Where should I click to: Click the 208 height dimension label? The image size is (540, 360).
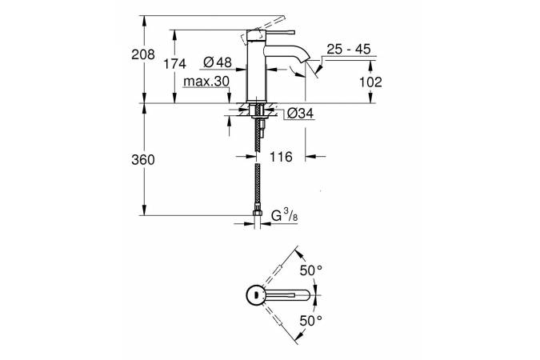(x=143, y=54)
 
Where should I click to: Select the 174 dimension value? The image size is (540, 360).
(x=174, y=64)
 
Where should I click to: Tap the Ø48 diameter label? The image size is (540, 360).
(x=218, y=62)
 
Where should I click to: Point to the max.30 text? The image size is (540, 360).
(x=206, y=82)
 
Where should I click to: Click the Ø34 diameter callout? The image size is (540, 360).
(x=300, y=113)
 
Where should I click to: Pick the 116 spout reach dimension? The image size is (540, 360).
(x=281, y=157)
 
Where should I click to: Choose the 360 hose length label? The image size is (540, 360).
(x=143, y=160)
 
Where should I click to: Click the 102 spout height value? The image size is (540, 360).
(x=370, y=82)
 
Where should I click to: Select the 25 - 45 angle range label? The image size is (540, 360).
(x=349, y=50)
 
